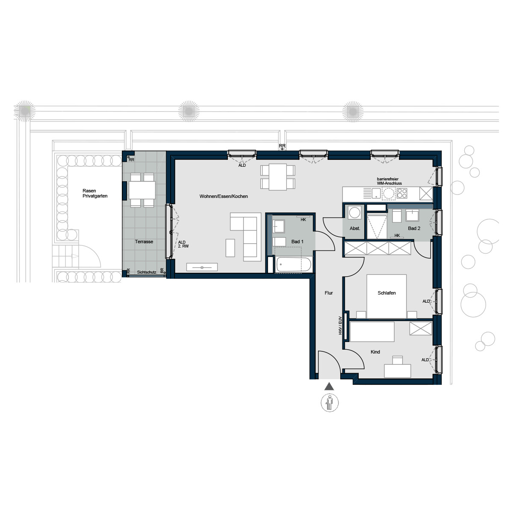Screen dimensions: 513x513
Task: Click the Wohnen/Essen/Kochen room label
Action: pyautogui.click(x=223, y=196)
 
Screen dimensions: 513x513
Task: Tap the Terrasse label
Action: pyautogui.click(x=144, y=242)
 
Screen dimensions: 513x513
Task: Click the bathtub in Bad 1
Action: pyautogui.click(x=293, y=265)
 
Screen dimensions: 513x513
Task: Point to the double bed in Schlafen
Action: pyautogui.click(x=386, y=296)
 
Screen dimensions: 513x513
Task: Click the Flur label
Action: pyautogui.click(x=329, y=293)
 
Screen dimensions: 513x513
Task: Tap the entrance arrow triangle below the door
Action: pyautogui.click(x=328, y=386)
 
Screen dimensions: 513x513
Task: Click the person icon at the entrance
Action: pyautogui.click(x=329, y=403)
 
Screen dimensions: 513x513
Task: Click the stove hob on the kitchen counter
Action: pyautogui.click(x=402, y=194)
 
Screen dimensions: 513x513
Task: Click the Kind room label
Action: pyautogui.click(x=375, y=352)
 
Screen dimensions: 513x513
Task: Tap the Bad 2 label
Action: pyautogui.click(x=414, y=228)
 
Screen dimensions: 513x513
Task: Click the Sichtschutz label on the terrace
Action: pyautogui.click(x=147, y=272)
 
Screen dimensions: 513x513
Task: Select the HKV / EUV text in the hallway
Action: pyautogui.click(x=340, y=324)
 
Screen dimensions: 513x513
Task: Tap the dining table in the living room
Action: pyautogui.click(x=277, y=177)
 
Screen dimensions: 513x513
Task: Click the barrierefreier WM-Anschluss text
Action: pyautogui.click(x=389, y=181)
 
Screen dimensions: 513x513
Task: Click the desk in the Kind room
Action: pyautogui.click(x=398, y=370)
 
